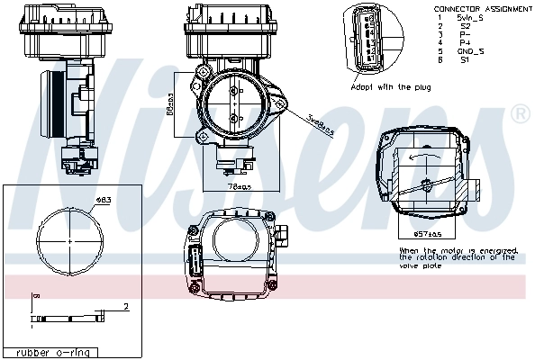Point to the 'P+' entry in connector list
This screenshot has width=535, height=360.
pos(465,42)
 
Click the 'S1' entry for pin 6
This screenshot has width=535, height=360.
pos(465,59)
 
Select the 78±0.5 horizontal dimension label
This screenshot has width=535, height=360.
pos(240,187)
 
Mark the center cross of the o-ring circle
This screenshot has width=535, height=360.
pos(70,241)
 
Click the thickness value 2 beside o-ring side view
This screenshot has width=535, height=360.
pos(126,307)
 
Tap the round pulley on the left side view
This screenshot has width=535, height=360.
pos(51,106)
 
